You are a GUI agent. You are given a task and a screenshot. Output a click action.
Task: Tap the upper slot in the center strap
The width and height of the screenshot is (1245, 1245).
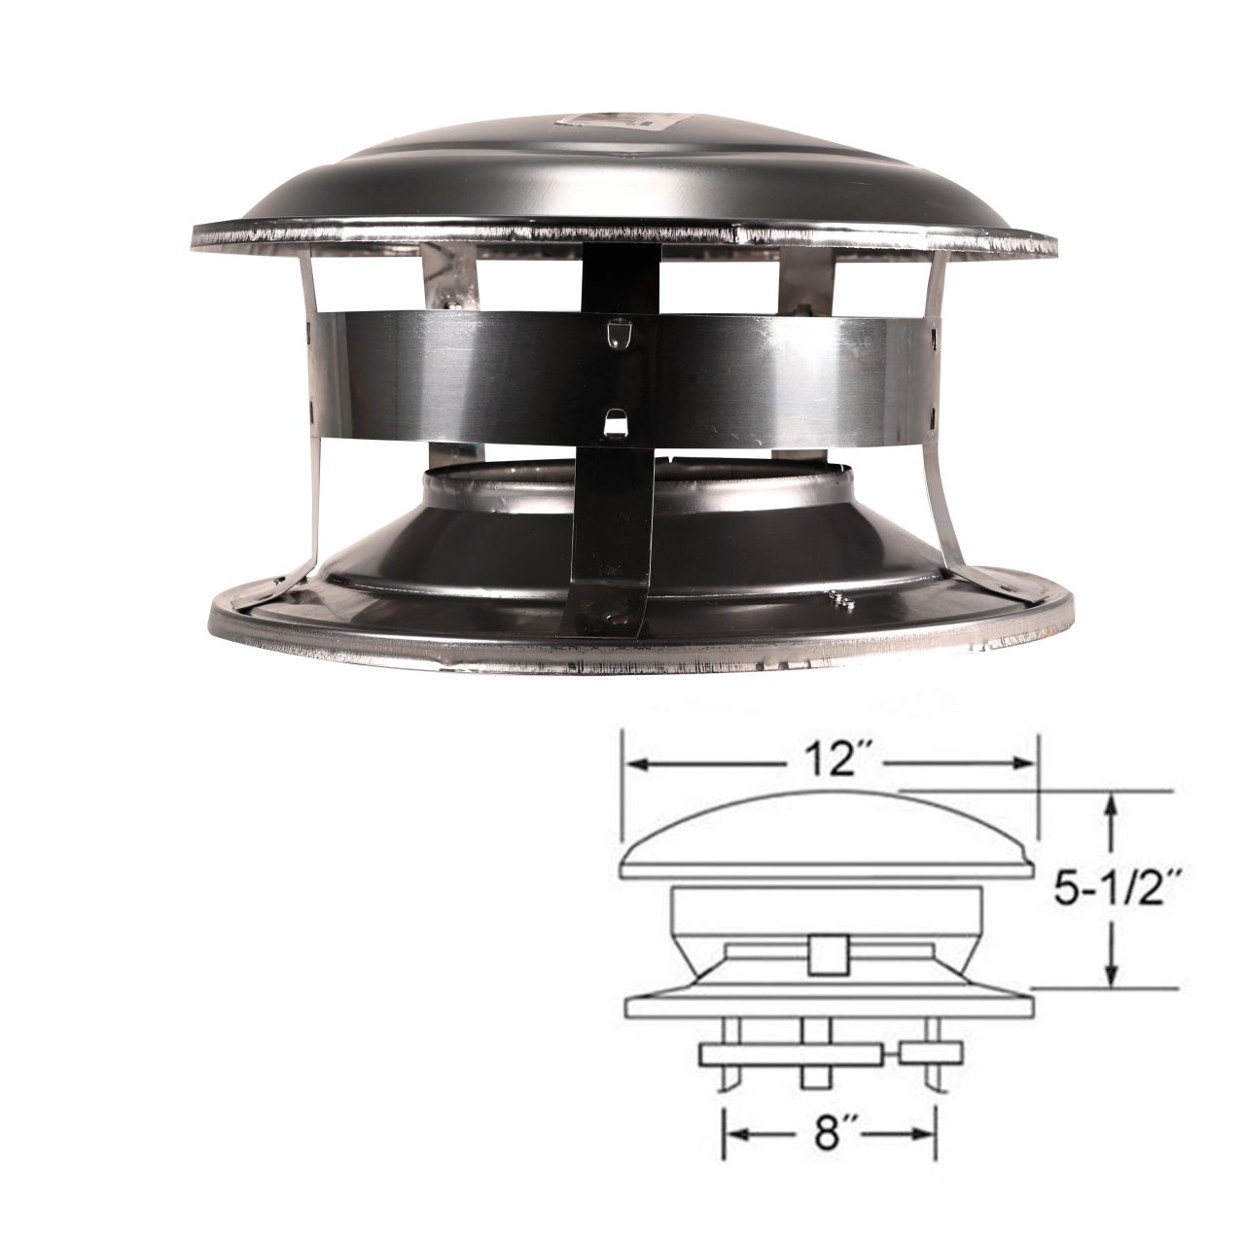(x=614, y=333)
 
